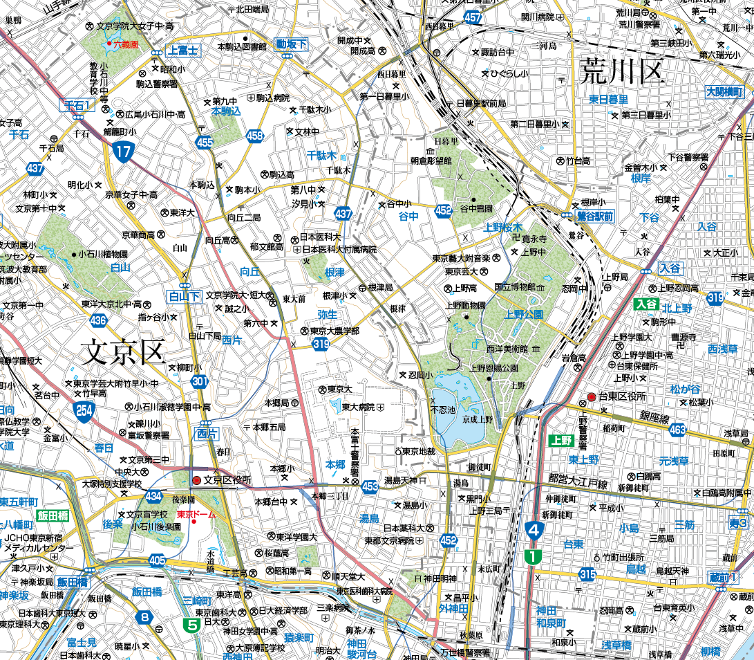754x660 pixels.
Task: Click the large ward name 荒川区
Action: tap(622, 70)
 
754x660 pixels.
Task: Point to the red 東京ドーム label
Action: tap(196, 514)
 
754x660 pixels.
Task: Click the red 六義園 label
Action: tap(126, 44)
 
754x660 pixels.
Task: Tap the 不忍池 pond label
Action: tap(443, 410)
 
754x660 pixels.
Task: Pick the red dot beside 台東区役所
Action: tap(591, 396)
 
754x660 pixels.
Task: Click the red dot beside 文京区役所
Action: tap(197, 479)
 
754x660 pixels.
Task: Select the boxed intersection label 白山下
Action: tap(185, 297)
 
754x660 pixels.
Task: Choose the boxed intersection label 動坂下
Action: tap(291, 44)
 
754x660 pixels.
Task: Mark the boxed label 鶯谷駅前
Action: tap(595, 217)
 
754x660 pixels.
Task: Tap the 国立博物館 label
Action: tap(515, 286)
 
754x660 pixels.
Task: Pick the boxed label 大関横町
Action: tap(724, 92)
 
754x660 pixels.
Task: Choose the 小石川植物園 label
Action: tap(103, 254)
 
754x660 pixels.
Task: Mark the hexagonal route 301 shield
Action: tap(200, 381)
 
